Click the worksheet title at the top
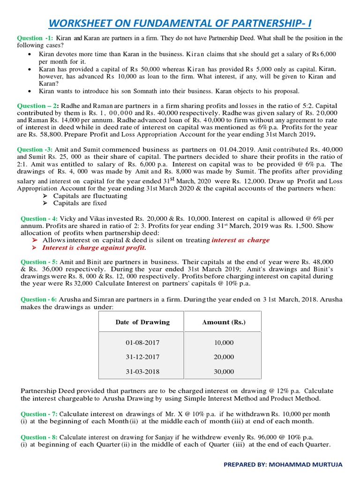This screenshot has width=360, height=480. tap(180, 22)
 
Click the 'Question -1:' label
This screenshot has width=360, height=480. tap(35, 38)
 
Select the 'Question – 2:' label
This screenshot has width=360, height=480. tap(37, 106)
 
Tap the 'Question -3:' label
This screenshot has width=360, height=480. tap(36, 149)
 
